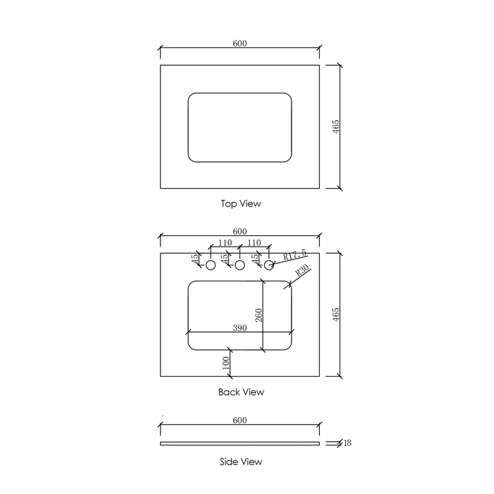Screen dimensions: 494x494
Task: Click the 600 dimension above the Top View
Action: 239,43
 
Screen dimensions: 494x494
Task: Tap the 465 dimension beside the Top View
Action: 336,126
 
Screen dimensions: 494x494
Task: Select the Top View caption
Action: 240,204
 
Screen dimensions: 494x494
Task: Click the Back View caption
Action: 240,392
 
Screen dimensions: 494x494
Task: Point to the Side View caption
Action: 240,462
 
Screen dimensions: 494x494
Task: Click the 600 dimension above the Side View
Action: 239,421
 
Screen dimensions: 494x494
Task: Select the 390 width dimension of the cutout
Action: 239,328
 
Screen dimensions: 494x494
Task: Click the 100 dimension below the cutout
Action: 225,363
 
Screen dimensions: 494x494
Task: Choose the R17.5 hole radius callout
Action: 296,255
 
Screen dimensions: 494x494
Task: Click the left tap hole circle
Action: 211,265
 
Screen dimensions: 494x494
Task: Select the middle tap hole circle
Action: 240,265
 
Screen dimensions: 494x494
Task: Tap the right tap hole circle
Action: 269,265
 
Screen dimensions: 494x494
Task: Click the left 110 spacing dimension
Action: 224,243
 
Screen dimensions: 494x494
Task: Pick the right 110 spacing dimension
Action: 254,243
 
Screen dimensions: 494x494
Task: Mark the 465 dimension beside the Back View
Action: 336,314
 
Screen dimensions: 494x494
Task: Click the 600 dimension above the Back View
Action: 239,231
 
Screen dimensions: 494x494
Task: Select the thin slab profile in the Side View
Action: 239,444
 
